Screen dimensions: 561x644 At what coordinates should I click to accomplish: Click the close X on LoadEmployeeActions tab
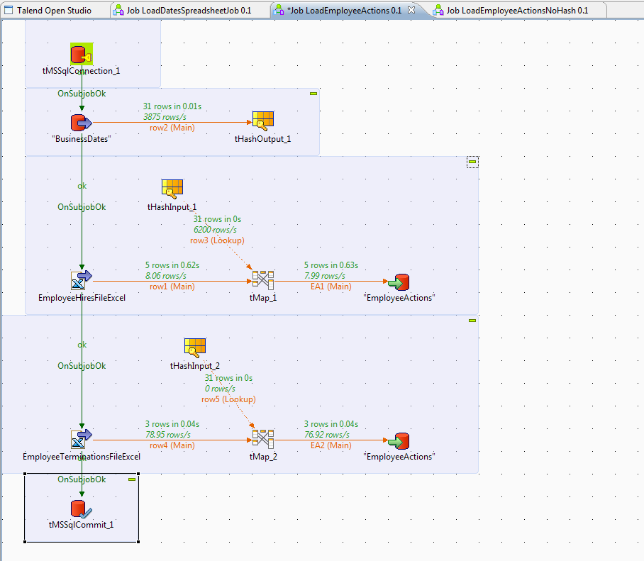(411, 10)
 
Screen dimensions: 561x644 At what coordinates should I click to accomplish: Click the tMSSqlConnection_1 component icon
(81, 55)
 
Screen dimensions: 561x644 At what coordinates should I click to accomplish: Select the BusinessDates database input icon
(81, 123)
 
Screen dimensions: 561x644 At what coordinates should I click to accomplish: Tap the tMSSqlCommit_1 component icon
(81, 508)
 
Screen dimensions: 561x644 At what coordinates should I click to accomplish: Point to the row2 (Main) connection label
(172, 128)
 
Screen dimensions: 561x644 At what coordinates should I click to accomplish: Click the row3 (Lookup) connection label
(217, 240)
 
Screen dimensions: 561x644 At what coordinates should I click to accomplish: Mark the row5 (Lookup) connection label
(228, 399)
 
